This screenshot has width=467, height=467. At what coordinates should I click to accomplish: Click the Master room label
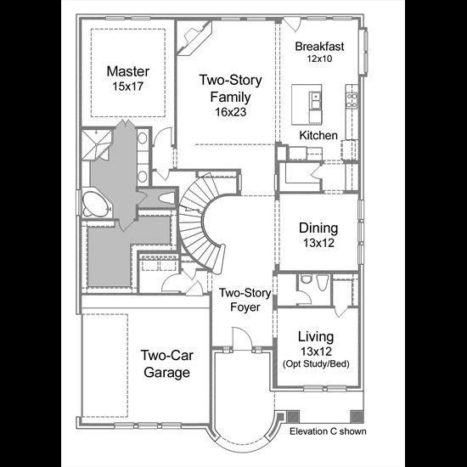coord(128,71)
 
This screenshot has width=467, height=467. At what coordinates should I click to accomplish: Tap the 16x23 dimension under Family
coord(231,112)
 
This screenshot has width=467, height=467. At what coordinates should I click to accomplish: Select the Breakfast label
coord(319,47)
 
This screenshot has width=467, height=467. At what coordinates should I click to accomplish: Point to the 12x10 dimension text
coord(319,59)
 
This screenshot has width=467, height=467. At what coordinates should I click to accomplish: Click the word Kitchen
coord(318,136)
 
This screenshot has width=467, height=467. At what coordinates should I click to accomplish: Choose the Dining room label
coord(318,228)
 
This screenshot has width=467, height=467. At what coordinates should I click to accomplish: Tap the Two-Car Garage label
coord(166,364)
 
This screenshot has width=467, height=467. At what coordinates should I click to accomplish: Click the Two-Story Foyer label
coord(245,300)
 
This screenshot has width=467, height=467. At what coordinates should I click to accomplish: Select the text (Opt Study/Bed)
coord(316,364)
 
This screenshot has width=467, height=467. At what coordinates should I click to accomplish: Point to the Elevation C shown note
coord(328,431)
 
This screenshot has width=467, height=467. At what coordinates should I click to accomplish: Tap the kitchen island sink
coord(315,100)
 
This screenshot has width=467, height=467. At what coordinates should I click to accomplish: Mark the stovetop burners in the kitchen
coord(352,100)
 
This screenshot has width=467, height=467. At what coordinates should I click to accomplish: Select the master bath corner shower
coord(97,144)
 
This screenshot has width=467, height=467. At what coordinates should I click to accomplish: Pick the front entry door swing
coord(241,338)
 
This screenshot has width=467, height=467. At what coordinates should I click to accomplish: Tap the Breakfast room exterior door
coord(292,25)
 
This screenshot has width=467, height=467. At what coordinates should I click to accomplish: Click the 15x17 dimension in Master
coord(128,87)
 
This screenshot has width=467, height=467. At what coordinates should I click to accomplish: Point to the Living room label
coord(316,336)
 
